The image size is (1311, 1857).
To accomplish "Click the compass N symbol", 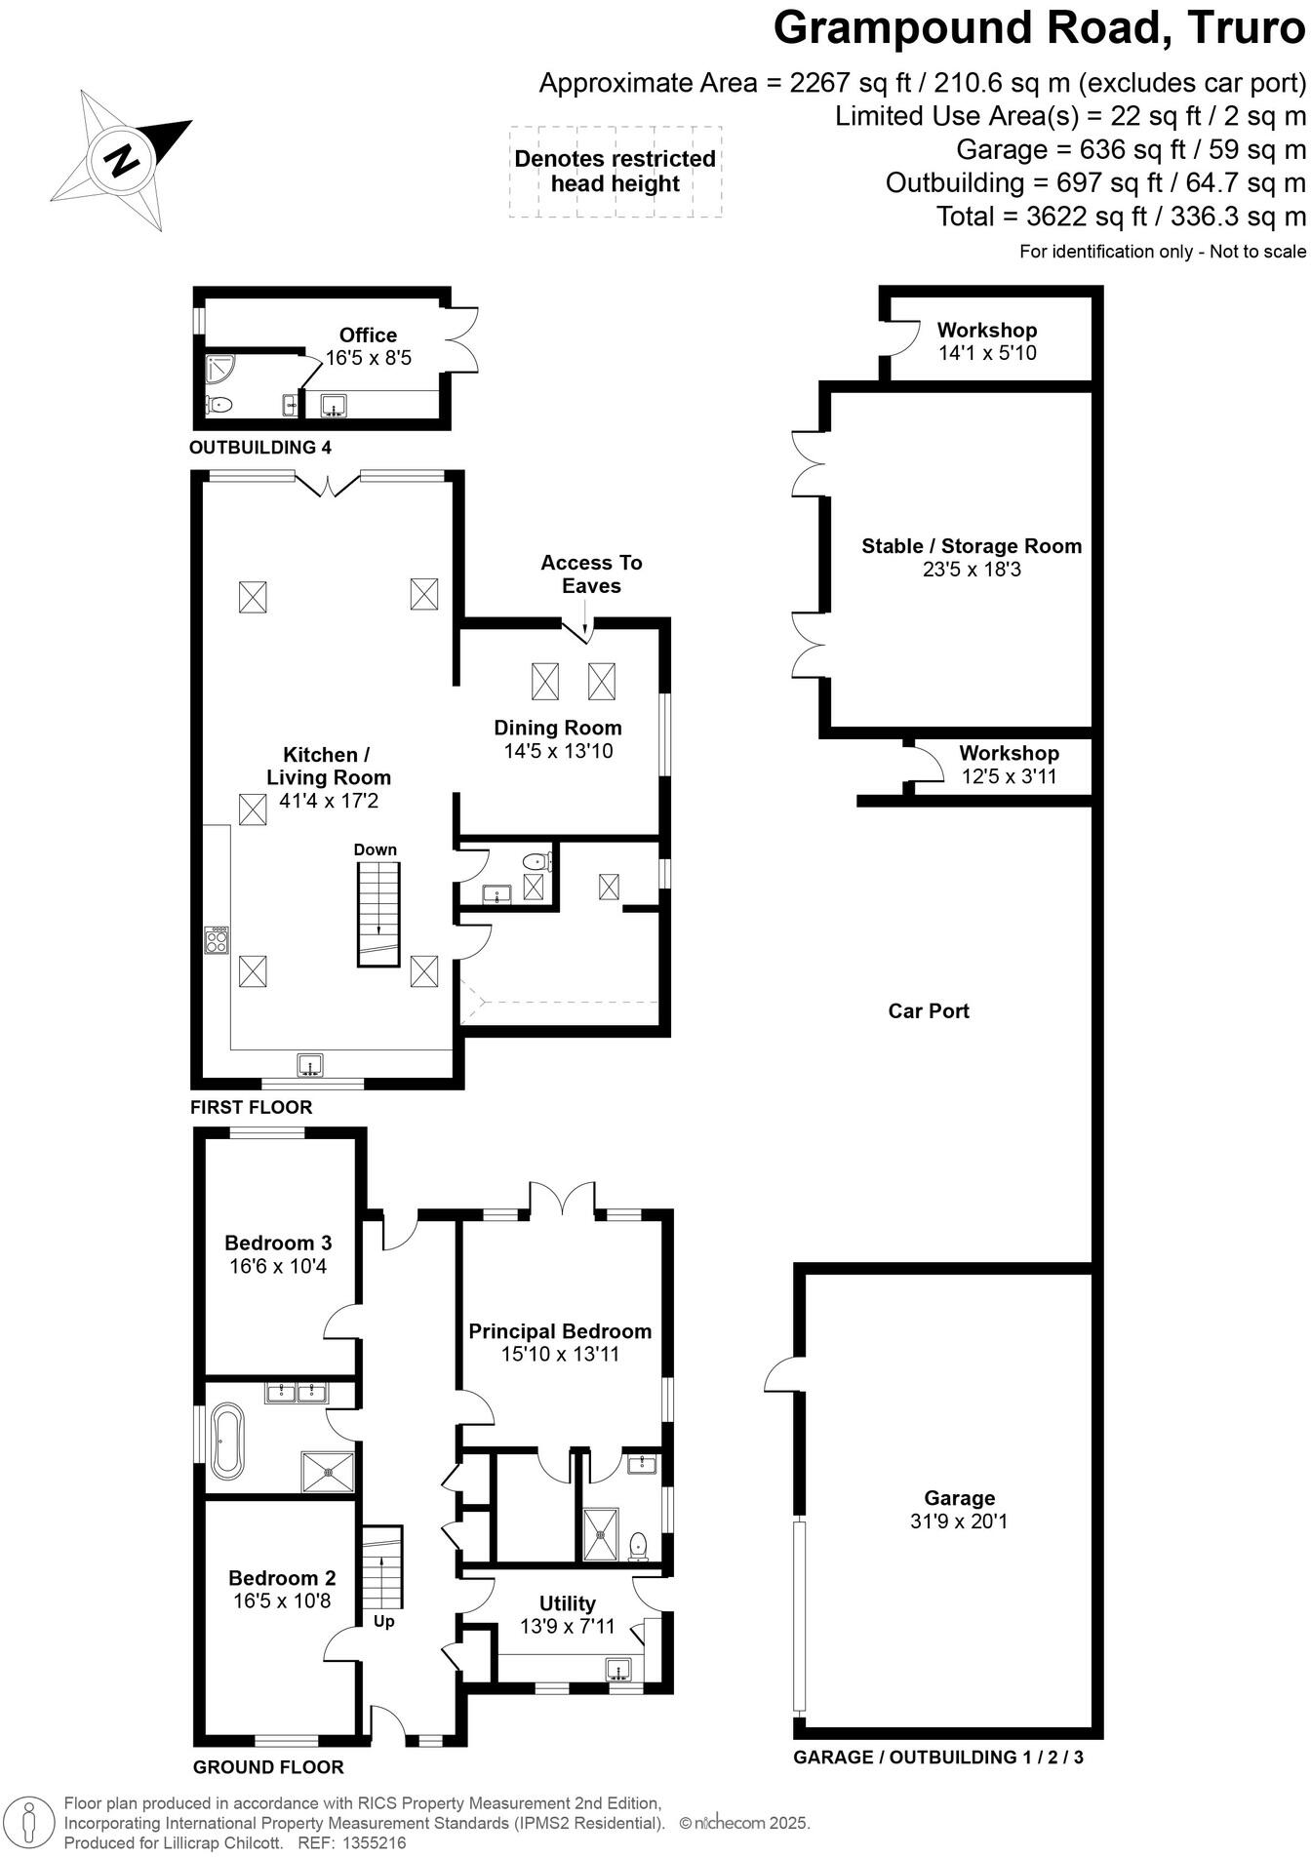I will pos(122,159).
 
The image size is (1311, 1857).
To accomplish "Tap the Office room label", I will pos(368,335).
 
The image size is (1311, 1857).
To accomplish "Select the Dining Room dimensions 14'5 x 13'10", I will pos(558,751).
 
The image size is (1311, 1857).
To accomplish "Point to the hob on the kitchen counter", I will pos(217,940).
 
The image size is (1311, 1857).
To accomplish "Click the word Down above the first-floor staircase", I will pos(376,849).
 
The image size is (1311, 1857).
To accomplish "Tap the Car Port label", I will pos(928,1010).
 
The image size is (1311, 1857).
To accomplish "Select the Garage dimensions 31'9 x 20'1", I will pos(959,1521).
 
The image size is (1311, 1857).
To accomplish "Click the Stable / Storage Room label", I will pos(972,546).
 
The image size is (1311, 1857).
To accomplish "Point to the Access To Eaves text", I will pos(591,573).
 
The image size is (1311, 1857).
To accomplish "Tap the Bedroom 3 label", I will pos(278,1243).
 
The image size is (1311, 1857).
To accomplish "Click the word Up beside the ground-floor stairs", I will pos(384,1621).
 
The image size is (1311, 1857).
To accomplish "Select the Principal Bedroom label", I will pos(560,1331).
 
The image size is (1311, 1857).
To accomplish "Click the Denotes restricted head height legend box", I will pos(616,172).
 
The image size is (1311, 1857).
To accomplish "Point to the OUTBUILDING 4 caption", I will pos(259,448).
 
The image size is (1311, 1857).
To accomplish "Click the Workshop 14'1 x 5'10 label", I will pos(987,340).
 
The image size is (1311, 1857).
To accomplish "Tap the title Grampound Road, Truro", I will pos(1039,28).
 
